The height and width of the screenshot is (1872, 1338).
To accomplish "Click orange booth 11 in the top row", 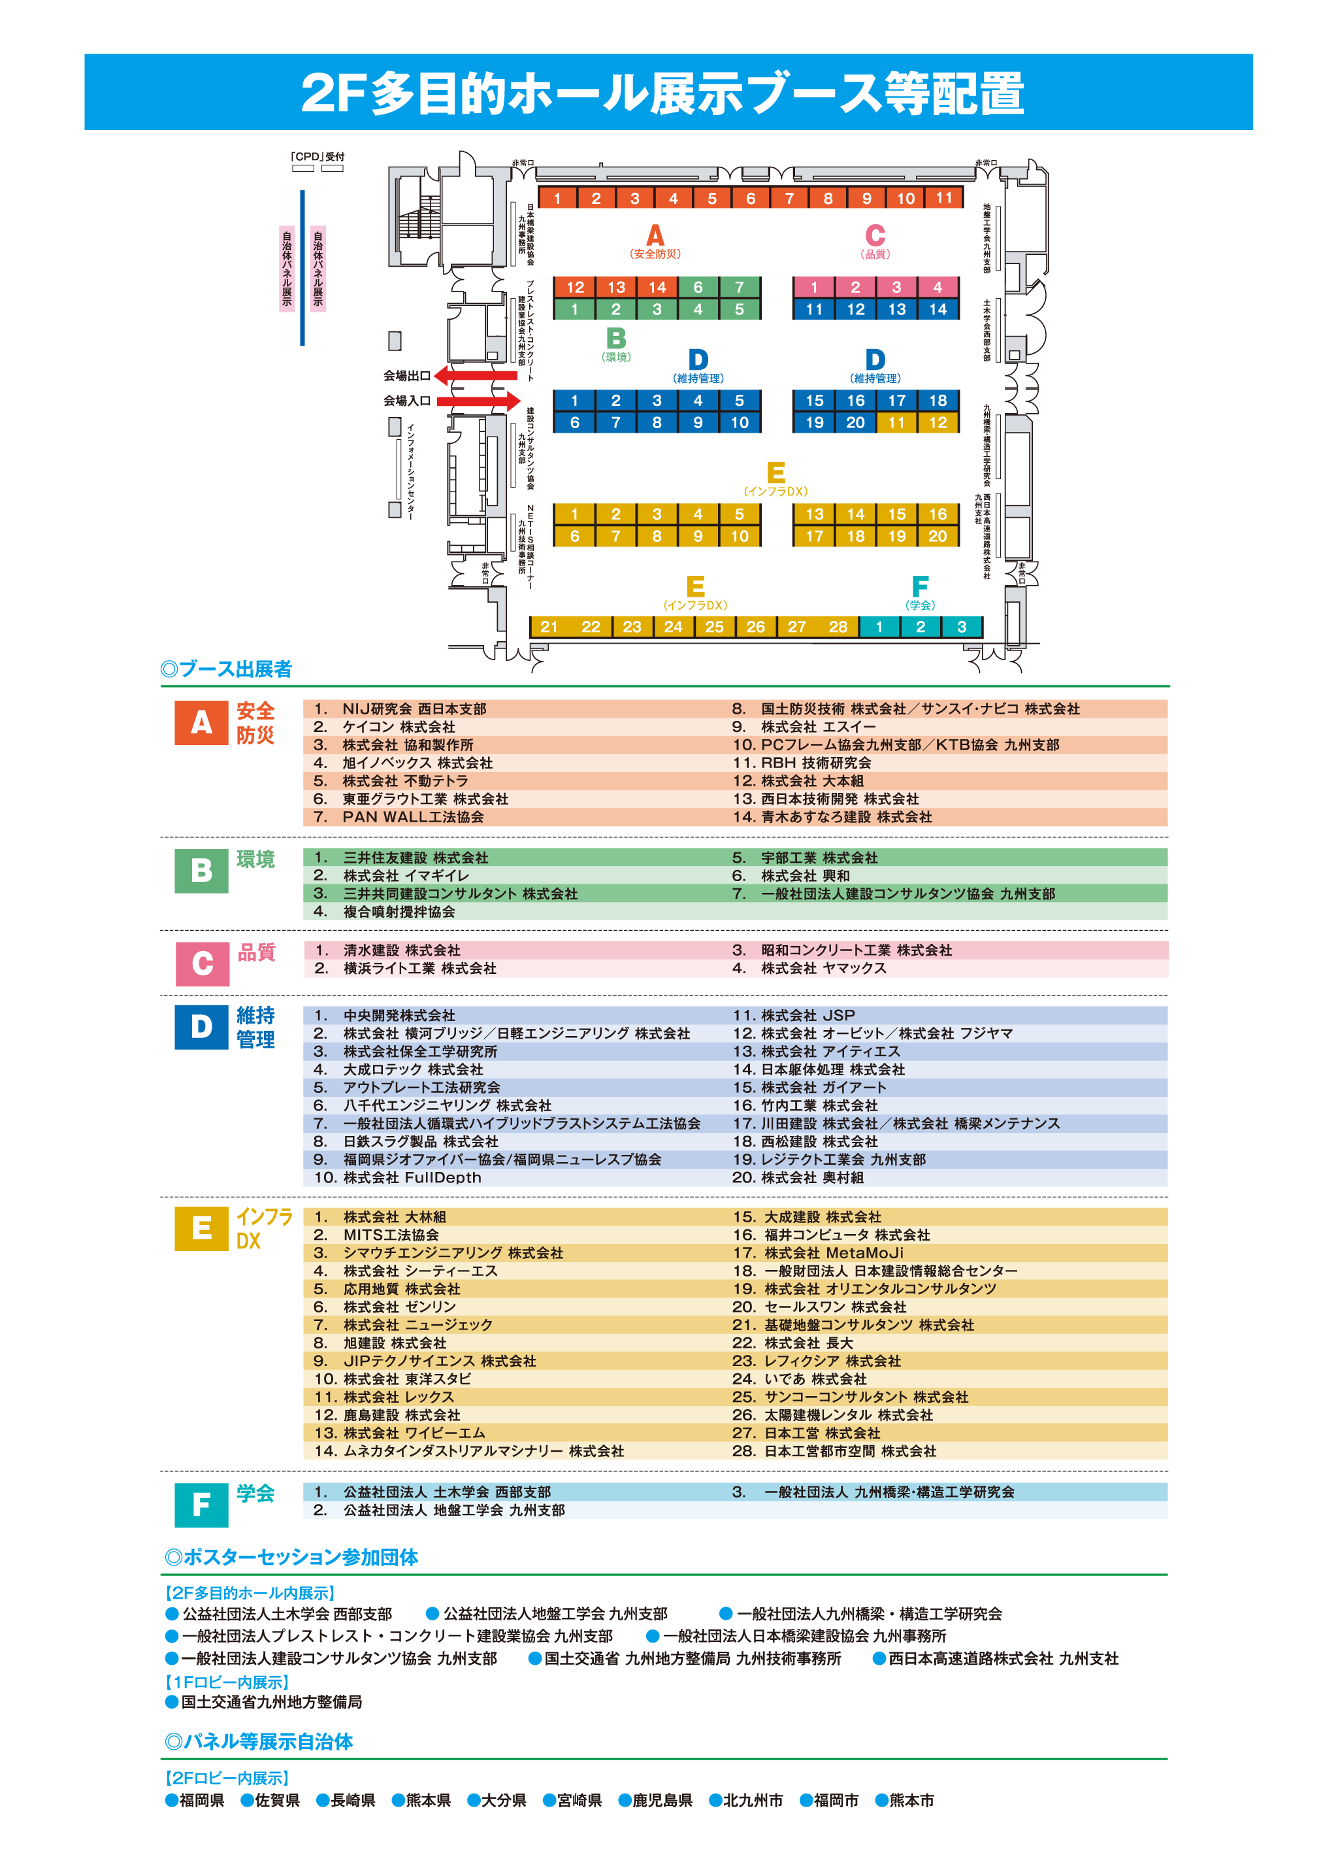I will point(944,198).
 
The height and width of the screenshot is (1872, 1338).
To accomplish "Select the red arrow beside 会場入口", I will point(479,401).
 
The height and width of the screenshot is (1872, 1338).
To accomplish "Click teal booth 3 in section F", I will point(962,626).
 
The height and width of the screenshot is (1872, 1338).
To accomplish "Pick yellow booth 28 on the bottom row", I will point(838,626).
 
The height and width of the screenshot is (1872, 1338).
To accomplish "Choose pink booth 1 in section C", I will point(814,287).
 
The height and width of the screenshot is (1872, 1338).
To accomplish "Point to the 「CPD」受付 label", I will point(318,157).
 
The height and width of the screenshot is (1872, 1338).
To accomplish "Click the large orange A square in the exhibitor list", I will point(201,723).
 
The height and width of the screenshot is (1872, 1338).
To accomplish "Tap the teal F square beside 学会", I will point(201,1505).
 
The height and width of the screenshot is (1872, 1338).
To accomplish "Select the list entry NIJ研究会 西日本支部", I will point(414,709).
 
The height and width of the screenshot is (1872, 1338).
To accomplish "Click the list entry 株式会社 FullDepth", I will point(412,1177).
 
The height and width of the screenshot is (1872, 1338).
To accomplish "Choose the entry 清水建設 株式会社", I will point(401,950).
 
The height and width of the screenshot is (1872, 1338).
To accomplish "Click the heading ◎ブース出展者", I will point(227,669).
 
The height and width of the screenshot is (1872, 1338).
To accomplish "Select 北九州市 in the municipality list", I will point(751,1800).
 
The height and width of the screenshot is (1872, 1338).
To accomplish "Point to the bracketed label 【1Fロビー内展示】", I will point(227,1682).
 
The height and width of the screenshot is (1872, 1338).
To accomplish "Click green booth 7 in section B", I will point(739,287).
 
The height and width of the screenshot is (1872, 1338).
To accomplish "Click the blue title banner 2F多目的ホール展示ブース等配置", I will point(668,92).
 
